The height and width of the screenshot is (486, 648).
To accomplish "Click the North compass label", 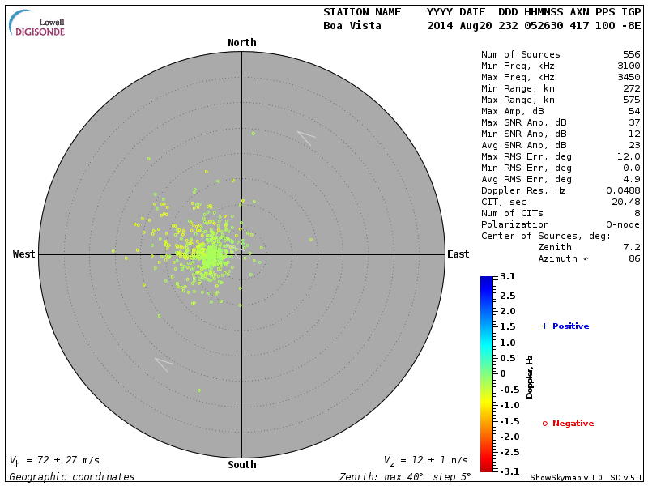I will click(x=241, y=43).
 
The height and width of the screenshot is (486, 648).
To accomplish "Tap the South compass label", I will click(x=241, y=465).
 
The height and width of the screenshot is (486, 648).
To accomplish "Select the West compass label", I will click(x=23, y=254).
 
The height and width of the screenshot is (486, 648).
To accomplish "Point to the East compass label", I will click(x=458, y=254).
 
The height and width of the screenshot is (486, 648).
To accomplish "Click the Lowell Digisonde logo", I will click(x=38, y=24).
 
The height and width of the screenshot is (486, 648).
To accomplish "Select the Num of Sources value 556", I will click(x=631, y=55).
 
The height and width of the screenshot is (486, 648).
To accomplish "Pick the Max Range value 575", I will click(x=631, y=100).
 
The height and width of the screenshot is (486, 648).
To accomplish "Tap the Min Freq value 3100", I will click(x=629, y=66).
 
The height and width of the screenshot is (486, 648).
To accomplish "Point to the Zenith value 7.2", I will click(x=631, y=247).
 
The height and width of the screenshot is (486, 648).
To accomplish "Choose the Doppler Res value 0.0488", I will click(x=623, y=190).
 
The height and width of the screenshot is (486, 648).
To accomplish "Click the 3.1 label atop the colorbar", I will click(x=508, y=277).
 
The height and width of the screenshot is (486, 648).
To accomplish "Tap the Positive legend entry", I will click(x=565, y=326).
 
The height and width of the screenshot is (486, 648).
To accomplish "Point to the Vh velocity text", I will click(x=54, y=461).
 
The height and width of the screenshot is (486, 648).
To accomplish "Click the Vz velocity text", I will click(x=425, y=461).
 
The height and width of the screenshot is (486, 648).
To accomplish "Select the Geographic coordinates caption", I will click(x=72, y=477).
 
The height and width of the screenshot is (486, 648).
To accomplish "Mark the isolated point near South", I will click(x=198, y=390).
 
